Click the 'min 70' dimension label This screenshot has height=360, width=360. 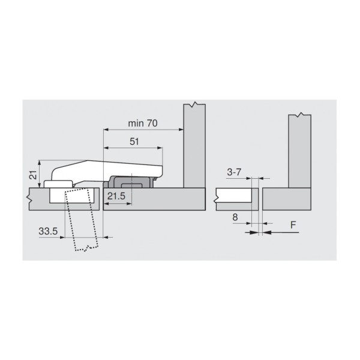point(143,124)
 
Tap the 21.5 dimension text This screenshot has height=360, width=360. point(116,197)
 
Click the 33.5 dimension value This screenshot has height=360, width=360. point(50,230)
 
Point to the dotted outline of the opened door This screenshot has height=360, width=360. point(81,222)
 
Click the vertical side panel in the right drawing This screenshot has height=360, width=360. point(299,150)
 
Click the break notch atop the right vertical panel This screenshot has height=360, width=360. point(299,114)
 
